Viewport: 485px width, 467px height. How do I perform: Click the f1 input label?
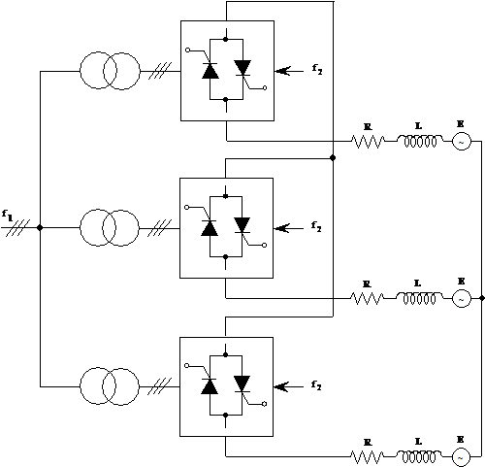tap(7, 216)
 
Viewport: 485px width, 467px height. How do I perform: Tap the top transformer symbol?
tap(110, 71)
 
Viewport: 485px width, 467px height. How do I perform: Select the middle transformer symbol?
tap(110, 228)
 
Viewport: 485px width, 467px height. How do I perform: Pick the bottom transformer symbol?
tap(110, 386)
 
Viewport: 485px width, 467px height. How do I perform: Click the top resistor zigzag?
tap(368, 142)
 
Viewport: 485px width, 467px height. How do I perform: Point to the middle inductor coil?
tap(419, 298)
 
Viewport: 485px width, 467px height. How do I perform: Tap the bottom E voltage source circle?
tap(461, 457)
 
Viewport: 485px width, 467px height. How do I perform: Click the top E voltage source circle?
tap(461, 142)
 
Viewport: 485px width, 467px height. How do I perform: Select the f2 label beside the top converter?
tap(317, 69)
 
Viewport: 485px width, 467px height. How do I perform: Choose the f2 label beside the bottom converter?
tap(316, 385)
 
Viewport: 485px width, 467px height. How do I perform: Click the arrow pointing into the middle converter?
tap(288, 228)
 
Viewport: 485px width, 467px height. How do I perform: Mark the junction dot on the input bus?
tap(40, 228)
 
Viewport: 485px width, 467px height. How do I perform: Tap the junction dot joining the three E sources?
tap(482, 298)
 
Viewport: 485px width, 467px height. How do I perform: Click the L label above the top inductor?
tap(418, 126)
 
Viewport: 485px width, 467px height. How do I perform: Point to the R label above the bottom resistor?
tap(367, 443)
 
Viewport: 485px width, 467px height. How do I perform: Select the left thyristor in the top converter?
tap(210, 71)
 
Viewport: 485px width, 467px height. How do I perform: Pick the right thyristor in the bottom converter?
tap(242, 384)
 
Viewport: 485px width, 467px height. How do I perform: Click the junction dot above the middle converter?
tap(333, 158)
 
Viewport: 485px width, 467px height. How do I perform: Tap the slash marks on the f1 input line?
tap(18, 228)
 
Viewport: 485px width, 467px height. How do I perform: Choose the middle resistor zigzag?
tap(368, 298)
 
